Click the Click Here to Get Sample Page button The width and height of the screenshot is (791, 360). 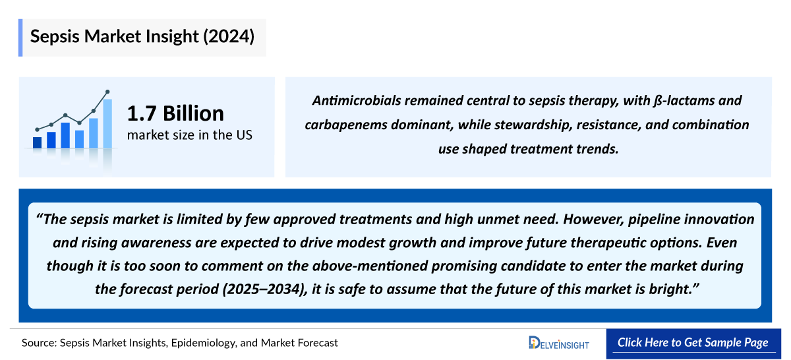[x=693, y=343]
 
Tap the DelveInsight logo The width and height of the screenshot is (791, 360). [x=558, y=343]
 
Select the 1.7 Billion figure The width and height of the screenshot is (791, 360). [x=175, y=113]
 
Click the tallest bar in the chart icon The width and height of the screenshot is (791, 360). [x=107, y=123]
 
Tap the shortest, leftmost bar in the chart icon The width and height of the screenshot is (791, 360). [x=37, y=142]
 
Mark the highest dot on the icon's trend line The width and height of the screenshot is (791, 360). [x=107, y=92]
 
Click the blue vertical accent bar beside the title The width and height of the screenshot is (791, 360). [x=20, y=37]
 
